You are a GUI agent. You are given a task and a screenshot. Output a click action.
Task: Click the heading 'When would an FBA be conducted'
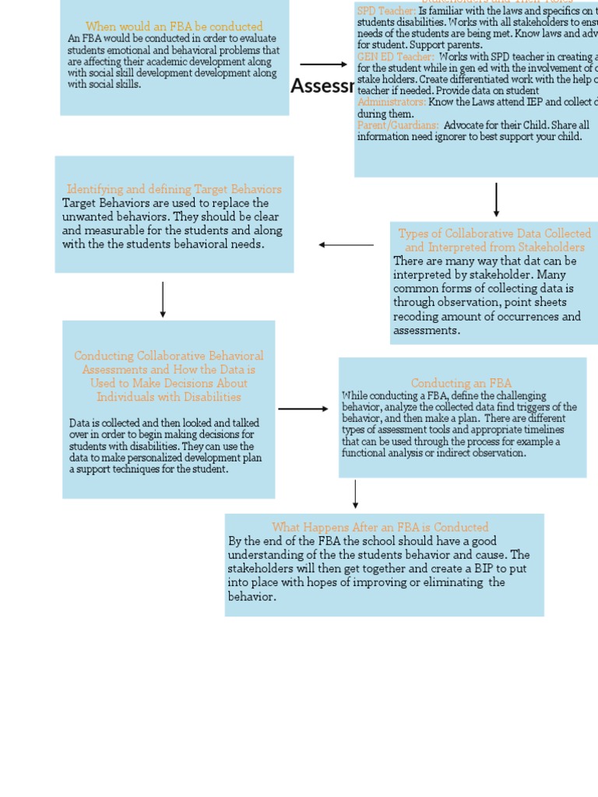174,26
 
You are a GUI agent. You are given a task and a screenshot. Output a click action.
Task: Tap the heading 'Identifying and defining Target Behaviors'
174,189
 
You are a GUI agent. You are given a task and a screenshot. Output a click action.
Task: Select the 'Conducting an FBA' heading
462,383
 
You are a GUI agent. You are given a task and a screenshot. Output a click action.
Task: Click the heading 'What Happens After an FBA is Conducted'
381,527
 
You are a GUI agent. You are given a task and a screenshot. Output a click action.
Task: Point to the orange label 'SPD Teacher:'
386,12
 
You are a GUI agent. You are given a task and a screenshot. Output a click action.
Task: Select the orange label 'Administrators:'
392,102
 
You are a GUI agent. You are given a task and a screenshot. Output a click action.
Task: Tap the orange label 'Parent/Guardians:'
398,125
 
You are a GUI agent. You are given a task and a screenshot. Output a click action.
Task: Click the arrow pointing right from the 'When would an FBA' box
323,65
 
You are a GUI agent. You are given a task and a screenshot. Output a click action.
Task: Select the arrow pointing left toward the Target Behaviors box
346,245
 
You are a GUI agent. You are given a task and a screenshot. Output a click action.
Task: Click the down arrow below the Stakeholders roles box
496,200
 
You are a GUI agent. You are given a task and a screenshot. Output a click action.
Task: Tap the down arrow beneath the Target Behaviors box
163,300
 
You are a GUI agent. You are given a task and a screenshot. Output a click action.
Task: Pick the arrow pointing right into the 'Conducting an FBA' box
303,409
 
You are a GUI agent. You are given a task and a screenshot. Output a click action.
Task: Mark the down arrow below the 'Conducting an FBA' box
356,494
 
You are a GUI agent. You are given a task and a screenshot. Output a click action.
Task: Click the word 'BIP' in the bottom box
449,569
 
